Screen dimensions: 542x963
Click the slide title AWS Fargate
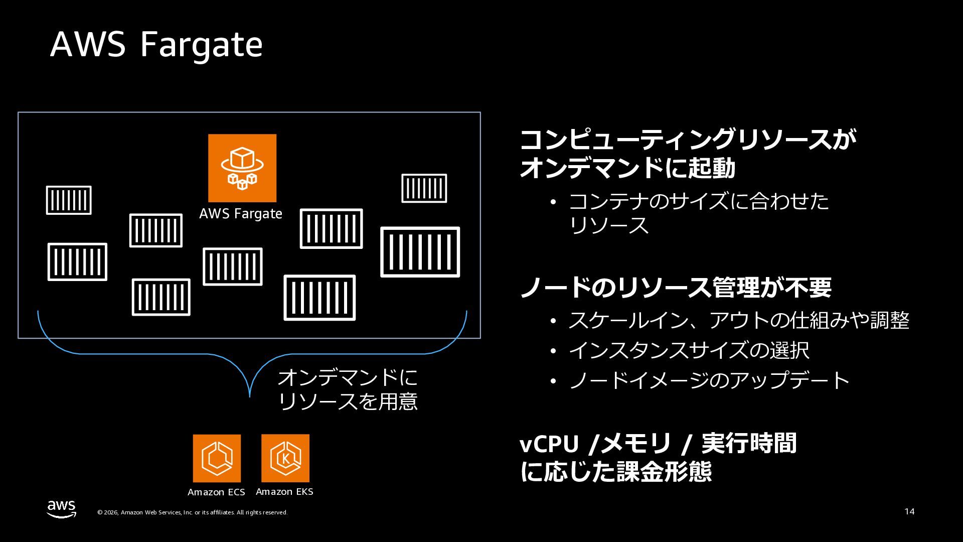156,45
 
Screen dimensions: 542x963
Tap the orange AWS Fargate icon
242,168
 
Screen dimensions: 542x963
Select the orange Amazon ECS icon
217,458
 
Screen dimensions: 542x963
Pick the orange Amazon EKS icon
285,458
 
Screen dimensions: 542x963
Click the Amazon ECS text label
216,492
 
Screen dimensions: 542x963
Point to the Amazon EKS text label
284,492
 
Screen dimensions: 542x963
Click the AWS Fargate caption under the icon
241,214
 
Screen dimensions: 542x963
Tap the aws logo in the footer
62,509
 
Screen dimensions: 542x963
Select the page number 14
909,511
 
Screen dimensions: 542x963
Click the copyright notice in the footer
192,512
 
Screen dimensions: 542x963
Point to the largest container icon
420,252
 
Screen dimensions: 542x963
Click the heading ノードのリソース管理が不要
676,288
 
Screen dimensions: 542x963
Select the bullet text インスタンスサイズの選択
689,350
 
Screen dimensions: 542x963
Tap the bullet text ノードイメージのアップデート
709,380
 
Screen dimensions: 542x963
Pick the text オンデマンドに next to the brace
348,377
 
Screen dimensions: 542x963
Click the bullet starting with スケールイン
738,320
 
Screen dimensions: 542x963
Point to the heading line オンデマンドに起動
627,168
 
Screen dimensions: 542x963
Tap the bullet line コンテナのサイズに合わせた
699,202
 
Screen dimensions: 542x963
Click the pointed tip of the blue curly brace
250,396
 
